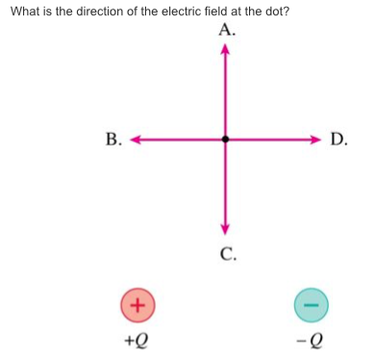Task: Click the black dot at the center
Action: (225, 139)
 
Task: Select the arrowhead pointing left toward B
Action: (136, 139)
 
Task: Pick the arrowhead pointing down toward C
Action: (225, 228)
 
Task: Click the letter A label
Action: (226, 29)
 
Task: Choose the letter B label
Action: (113, 140)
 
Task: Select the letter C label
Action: (228, 254)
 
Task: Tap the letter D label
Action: (337, 140)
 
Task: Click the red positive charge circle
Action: (137, 303)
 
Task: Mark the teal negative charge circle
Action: (310, 303)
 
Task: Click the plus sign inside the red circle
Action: (137, 303)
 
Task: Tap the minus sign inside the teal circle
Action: (310, 303)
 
